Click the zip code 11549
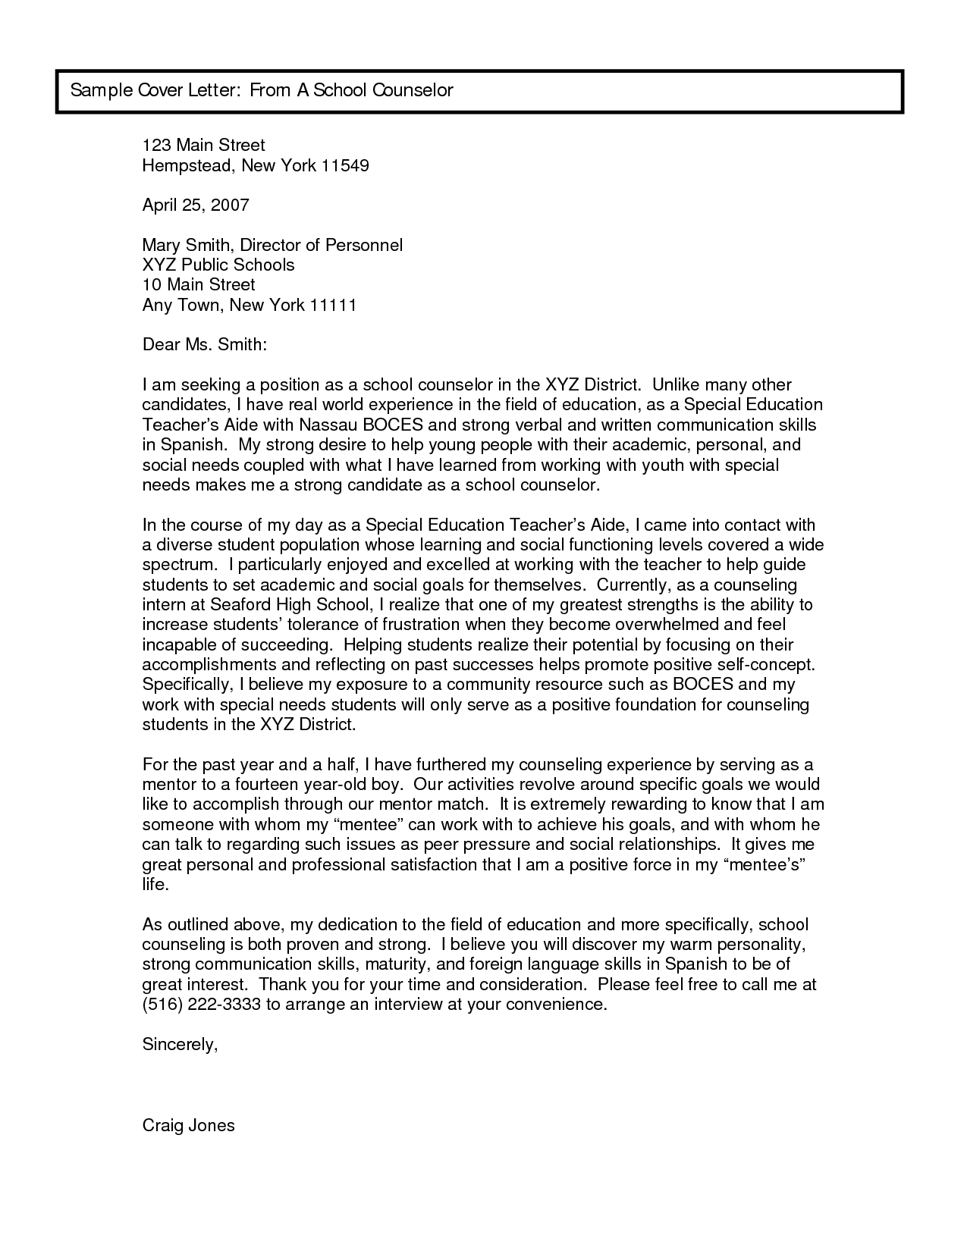coord(345,165)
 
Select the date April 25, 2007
coord(196,205)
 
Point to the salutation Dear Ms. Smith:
coord(205,345)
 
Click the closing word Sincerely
coord(180,1045)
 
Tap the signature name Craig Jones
coord(189,1125)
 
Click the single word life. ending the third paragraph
coord(155,885)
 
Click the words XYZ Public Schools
coord(218,265)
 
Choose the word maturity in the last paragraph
coord(397,964)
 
